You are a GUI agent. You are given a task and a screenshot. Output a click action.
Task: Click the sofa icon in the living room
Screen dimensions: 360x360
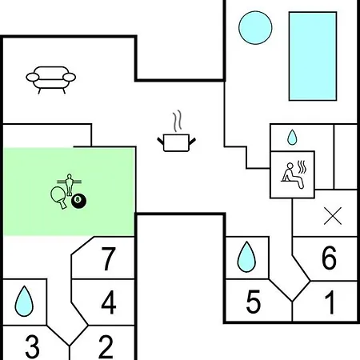coord(50,80)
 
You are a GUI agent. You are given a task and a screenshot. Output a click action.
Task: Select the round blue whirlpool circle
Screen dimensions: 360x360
coord(255,28)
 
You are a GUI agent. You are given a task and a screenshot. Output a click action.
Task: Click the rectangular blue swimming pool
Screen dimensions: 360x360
coord(313,56)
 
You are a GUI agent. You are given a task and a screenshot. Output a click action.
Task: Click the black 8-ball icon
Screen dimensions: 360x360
coord(78,201)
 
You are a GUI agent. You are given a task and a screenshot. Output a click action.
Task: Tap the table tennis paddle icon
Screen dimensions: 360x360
coord(59,198)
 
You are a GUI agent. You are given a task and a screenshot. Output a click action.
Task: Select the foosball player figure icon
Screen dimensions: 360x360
coord(69,184)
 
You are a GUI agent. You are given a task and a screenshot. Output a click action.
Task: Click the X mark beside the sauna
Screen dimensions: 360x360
coord(333,216)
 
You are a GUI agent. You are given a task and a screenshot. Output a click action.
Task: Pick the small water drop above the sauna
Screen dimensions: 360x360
coord(292,138)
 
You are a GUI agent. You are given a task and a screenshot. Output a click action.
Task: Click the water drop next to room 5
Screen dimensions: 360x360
coord(246,257)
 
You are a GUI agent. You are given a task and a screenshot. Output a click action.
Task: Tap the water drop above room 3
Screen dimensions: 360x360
coord(24,301)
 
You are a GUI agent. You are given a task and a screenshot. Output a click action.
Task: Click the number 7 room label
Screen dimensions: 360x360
coord(109,258)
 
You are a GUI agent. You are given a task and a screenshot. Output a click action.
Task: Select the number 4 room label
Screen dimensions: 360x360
coord(109,302)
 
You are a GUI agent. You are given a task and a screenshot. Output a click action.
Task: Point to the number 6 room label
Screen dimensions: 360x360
coord(329,258)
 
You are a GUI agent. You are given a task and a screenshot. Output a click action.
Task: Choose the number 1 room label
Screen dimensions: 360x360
coord(330,302)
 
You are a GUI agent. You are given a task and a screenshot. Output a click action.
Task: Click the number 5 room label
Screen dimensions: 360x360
coord(253,302)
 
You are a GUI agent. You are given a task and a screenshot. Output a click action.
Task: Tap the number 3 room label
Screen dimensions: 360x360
coord(32,346)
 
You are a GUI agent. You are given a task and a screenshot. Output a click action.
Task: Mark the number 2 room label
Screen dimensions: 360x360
coord(106,346)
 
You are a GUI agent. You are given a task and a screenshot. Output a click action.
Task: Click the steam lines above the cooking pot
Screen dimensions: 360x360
coord(177,121)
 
